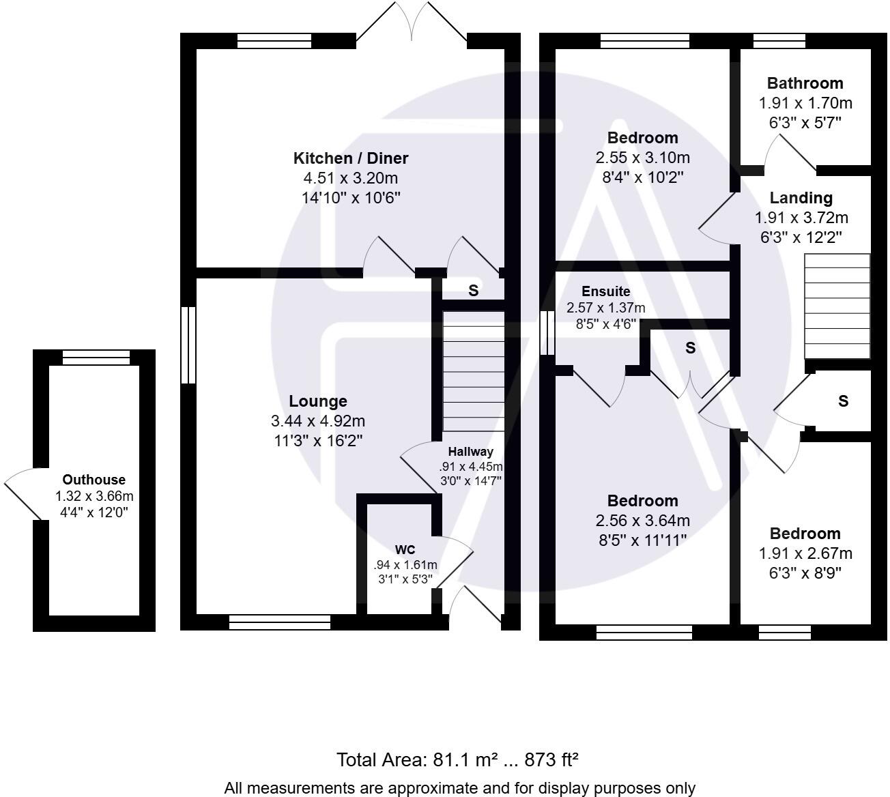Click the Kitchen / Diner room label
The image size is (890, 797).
pos(350,158)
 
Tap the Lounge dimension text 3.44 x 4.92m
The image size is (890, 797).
pos(317,421)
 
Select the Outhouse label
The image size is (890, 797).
pos(94,480)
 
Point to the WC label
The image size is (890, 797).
pos(405,550)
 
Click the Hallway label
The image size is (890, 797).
pos(470,452)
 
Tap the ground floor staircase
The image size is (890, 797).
pos(473,371)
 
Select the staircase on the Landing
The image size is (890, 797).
pos(837,306)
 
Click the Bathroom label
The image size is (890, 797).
pos(805,83)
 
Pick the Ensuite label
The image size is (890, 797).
pos(605,291)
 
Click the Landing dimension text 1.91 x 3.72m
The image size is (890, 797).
pos(801,218)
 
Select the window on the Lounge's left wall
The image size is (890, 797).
pos(188,345)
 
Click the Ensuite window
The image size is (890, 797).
pos(547,333)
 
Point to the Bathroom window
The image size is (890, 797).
pos(779,41)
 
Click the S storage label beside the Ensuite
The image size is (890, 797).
pos(690,348)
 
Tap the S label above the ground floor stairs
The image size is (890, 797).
pos(473,290)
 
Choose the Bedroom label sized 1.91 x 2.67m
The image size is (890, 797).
pos(805,534)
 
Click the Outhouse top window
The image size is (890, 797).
pos(96,357)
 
